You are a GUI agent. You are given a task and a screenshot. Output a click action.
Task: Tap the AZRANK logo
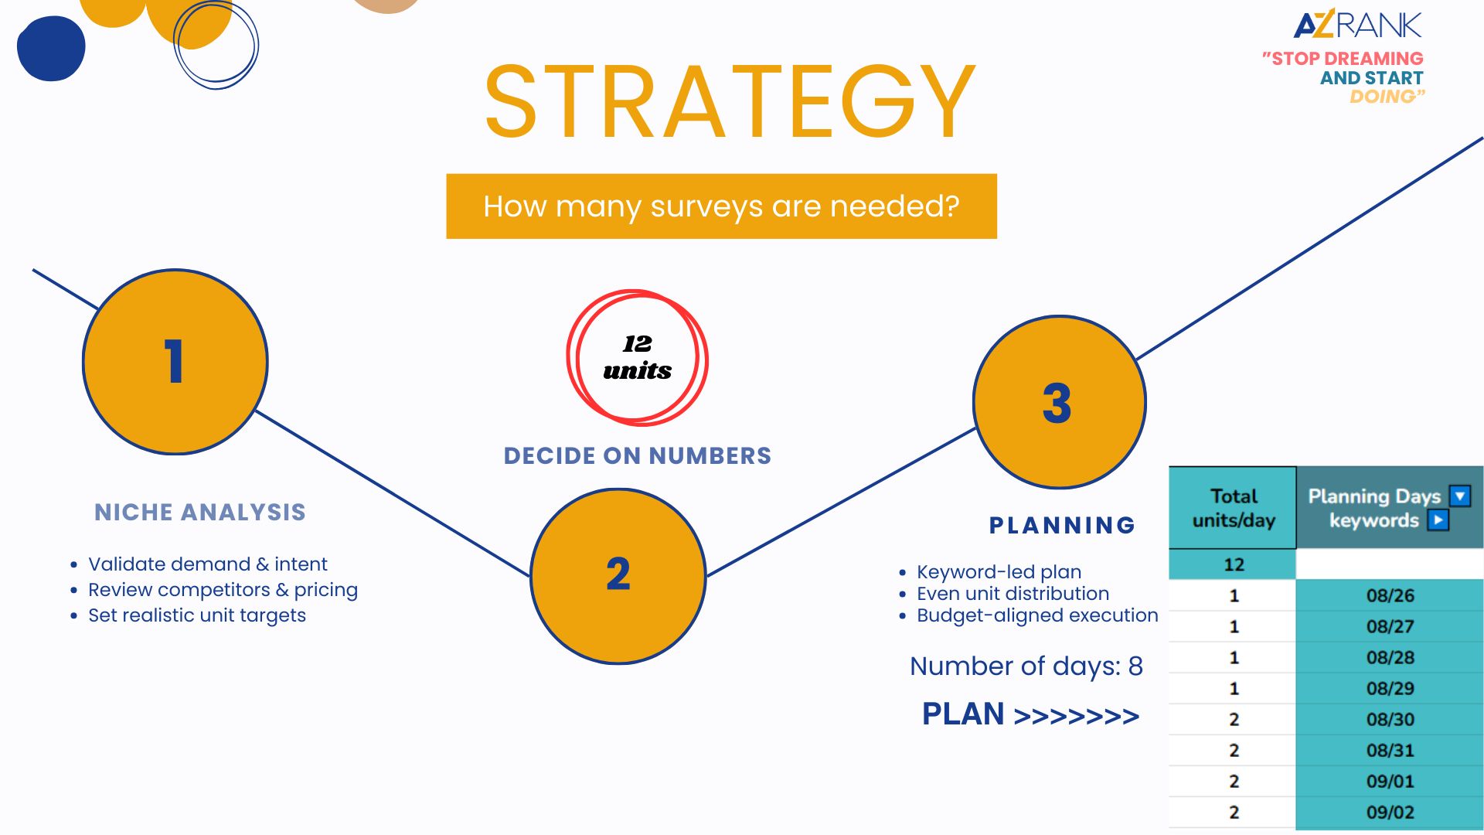1357,25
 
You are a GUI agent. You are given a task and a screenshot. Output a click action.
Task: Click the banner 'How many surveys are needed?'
721,206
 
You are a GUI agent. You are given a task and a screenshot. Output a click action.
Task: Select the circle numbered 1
175,361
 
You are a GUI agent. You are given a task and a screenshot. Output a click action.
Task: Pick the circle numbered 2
618,576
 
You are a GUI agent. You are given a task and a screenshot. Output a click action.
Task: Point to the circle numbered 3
1059,402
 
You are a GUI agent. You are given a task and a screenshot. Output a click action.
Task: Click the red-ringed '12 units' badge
637,357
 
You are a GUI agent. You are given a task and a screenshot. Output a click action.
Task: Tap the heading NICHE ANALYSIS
200,512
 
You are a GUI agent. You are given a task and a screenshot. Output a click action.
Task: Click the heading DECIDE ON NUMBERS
638,455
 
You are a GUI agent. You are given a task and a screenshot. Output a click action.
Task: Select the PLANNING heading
1062,525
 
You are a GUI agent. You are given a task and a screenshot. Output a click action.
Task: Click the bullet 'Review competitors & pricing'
223,590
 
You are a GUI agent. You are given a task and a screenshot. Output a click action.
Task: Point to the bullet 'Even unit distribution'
1013,593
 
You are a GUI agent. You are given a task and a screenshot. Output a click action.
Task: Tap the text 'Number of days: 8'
1026,666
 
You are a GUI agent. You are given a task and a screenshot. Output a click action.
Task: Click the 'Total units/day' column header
1233,508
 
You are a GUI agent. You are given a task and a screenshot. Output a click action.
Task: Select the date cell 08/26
1390,595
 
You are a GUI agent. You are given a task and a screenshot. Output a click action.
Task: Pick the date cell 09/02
1390,812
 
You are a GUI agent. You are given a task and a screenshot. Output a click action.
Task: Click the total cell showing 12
1233,564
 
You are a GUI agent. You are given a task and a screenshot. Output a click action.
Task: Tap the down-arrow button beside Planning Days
1460,496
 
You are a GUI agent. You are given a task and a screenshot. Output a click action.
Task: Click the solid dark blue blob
51,48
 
